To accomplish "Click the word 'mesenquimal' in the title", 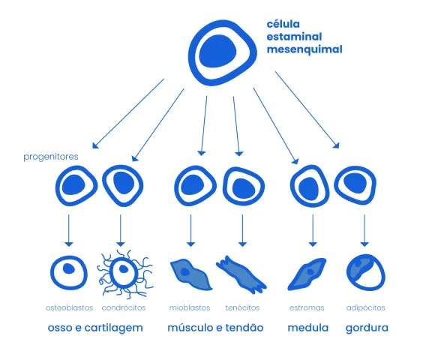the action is (304, 49).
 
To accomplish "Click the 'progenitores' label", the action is (51, 157).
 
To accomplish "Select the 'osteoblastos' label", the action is (69, 307).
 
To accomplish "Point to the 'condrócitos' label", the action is (124, 307).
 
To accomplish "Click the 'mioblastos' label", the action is (190, 307).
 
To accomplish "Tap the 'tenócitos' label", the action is (242, 307).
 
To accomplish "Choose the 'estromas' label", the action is (307, 307).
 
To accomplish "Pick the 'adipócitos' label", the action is (366, 307).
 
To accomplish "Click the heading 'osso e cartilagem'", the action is (95, 328).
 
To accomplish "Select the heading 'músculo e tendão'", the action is (215, 328).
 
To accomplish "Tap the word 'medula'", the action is (308, 328).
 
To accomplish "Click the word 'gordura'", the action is (367, 328).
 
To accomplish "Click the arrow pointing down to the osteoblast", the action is (69, 230).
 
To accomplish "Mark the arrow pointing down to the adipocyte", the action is (364, 230).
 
